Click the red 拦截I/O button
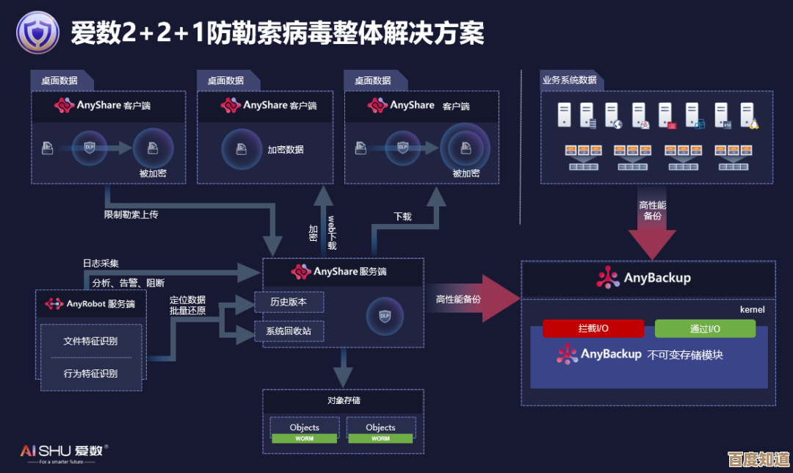593,329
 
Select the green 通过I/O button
705,329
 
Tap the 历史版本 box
289,302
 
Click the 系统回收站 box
289,331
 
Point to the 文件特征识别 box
90,341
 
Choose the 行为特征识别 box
90,373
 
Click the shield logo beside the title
37,33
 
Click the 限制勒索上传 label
131,215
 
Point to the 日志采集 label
101,263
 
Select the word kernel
752,309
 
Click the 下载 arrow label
402,217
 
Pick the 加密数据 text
286,149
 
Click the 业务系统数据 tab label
569,80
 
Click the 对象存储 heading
344,400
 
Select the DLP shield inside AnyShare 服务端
385,316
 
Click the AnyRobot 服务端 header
90,303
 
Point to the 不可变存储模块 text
685,355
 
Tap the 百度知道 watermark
758,459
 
